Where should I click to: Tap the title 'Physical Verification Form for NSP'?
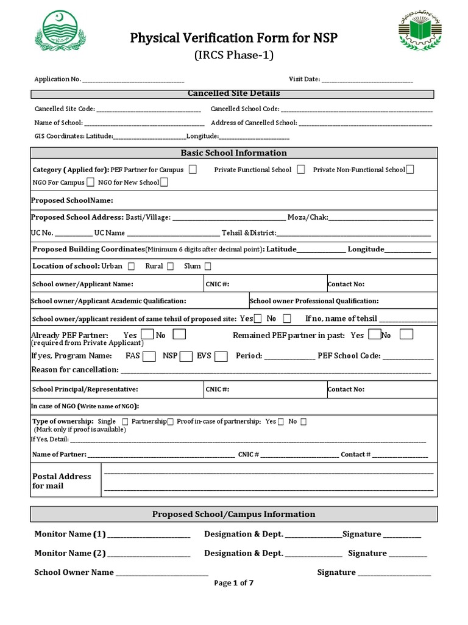coord(233,39)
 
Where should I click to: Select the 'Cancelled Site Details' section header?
coord(233,93)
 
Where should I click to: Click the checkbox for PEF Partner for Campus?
coord(193,170)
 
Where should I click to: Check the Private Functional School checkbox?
coord(301,170)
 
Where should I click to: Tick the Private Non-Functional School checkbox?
coord(410,170)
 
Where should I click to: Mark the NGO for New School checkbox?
coord(165,182)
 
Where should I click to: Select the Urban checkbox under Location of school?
coord(132,266)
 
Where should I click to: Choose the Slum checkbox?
coord(208,266)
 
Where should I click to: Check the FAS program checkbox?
coord(149,356)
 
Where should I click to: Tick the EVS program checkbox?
coord(222,356)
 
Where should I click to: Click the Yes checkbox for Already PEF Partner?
coord(147,334)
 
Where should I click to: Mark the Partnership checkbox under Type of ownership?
coord(171,422)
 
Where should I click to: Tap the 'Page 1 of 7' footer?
coord(233,583)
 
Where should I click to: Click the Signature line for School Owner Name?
coord(394,573)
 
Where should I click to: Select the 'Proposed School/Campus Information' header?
coord(233,514)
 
